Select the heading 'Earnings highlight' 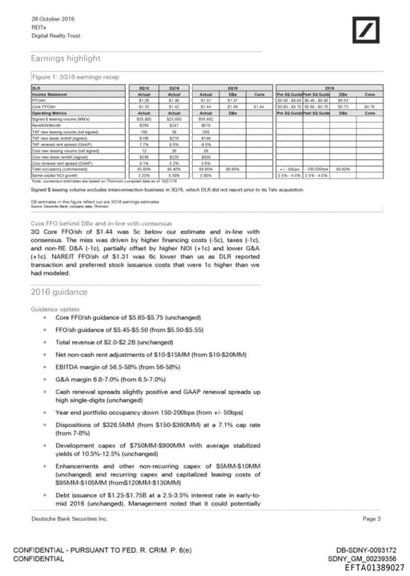coord(66,58)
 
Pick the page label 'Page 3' coord(372,519)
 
